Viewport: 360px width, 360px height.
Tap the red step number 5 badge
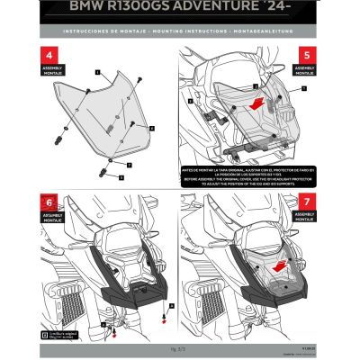coord(307,54)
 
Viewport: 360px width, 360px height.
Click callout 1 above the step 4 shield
coord(97,68)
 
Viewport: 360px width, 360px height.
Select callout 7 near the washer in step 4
coord(130,166)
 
